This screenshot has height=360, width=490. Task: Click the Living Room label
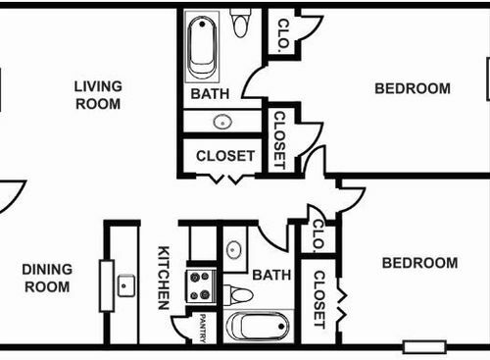click(98, 95)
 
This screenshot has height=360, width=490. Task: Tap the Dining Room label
click(47, 279)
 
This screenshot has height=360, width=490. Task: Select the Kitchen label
click(164, 278)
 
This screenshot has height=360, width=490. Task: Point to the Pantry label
click(203, 329)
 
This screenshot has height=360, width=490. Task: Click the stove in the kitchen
click(201, 286)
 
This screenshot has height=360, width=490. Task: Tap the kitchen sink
click(126, 285)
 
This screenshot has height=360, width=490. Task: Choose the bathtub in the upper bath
click(202, 47)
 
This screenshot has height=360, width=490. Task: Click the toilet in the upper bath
click(240, 23)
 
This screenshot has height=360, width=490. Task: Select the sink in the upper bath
click(222, 123)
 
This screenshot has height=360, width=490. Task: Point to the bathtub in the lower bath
click(258, 327)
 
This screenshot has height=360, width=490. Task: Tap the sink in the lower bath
click(234, 250)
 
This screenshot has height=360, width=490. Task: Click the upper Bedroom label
click(413, 88)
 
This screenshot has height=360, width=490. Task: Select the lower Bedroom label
click(419, 263)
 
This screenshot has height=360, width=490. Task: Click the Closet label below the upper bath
click(225, 156)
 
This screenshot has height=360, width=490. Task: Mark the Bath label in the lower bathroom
click(271, 275)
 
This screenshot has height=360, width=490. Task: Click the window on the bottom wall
click(424, 347)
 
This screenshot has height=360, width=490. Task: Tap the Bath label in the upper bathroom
click(210, 94)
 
